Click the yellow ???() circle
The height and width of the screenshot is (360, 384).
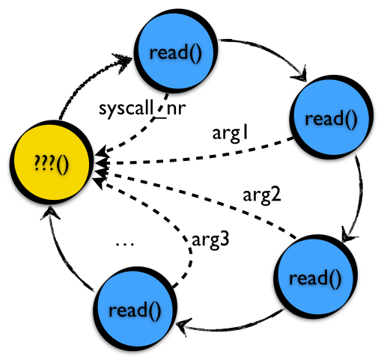click(x=52, y=162)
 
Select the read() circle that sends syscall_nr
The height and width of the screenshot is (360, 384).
click(x=176, y=51)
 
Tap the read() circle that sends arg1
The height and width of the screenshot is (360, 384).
click(x=332, y=117)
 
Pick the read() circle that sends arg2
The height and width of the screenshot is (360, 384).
click(x=316, y=276)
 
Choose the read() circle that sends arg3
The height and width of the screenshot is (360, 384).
click(x=135, y=308)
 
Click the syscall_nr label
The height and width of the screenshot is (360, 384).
click(x=142, y=109)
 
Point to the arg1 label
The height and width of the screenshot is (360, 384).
click(x=230, y=134)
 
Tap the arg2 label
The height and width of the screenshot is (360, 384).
click(x=262, y=195)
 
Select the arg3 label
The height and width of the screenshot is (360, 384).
click(x=210, y=240)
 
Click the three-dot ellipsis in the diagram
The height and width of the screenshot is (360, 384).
click(x=125, y=245)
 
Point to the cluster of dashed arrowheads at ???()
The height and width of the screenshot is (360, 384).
click(x=101, y=167)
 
